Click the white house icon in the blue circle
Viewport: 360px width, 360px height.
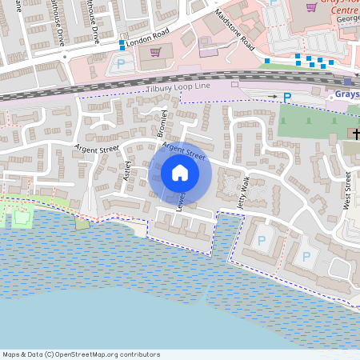coord(180,173)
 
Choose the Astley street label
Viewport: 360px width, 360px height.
coord(127,170)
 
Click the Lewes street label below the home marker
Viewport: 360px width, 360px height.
coord(182,201)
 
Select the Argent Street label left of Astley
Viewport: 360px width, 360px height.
coord(96,146)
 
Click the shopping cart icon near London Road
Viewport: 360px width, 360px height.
coord(155,51)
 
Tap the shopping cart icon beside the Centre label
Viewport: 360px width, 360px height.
coord(310,7)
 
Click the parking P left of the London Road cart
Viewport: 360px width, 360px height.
coord(122,63)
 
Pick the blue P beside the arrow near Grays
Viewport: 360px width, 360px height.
coord(287,96)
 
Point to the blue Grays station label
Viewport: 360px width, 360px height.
coord(346,94)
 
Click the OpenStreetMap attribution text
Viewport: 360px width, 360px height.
coord(81,354)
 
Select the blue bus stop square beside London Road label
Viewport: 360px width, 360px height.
coord(122,43)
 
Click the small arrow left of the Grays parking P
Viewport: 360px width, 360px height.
coord(273,96)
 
